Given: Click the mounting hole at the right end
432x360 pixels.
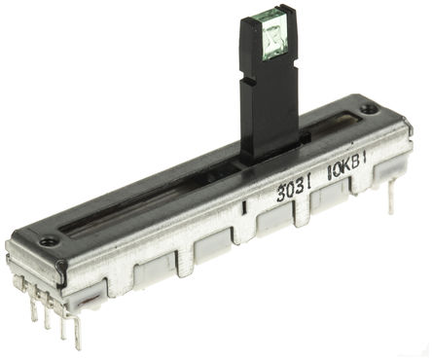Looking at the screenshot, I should point(368,109).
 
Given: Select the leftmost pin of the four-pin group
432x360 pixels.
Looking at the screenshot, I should point(33,309).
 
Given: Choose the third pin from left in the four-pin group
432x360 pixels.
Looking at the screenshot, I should point(62,325).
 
